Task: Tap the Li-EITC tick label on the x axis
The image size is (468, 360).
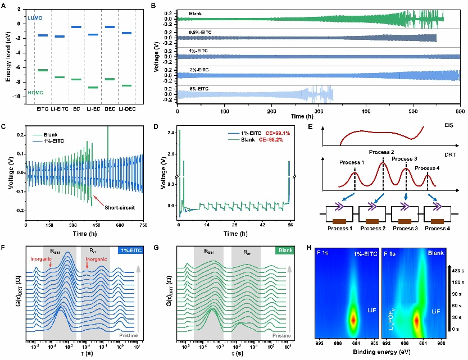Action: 60,107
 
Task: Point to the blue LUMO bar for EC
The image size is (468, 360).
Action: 76,27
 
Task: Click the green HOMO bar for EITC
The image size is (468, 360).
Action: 43,70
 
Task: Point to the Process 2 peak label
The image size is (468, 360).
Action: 382,153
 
